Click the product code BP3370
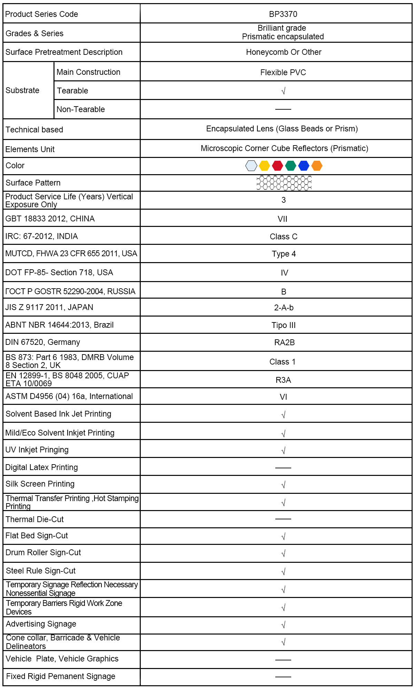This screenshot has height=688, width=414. point(283,14)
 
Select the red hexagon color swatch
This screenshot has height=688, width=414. point(277,166)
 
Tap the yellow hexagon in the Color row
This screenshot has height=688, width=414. point(264,166)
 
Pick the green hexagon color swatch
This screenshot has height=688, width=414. point(290,166)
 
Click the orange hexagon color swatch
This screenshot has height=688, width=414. point(317,166)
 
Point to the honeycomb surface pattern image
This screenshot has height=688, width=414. point(284,183)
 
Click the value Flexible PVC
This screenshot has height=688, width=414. point(283,72)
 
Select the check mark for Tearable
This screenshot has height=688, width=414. point(283,91)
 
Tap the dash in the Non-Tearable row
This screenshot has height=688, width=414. point(283,109)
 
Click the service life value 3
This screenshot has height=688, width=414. point(284,200)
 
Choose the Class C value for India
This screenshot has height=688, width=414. point(283,237)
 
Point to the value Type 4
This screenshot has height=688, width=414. point(284,254)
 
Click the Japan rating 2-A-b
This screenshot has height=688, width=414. point(284,308)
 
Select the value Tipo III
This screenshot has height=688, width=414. point(284,325)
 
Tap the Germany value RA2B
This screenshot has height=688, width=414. point(284,342)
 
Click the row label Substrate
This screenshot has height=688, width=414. point(22,90)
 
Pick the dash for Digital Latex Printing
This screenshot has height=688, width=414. point(283,468)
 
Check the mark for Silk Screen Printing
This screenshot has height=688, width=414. point(283,485)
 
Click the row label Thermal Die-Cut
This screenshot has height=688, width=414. point(34,519)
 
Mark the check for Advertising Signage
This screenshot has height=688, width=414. point(283,625)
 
